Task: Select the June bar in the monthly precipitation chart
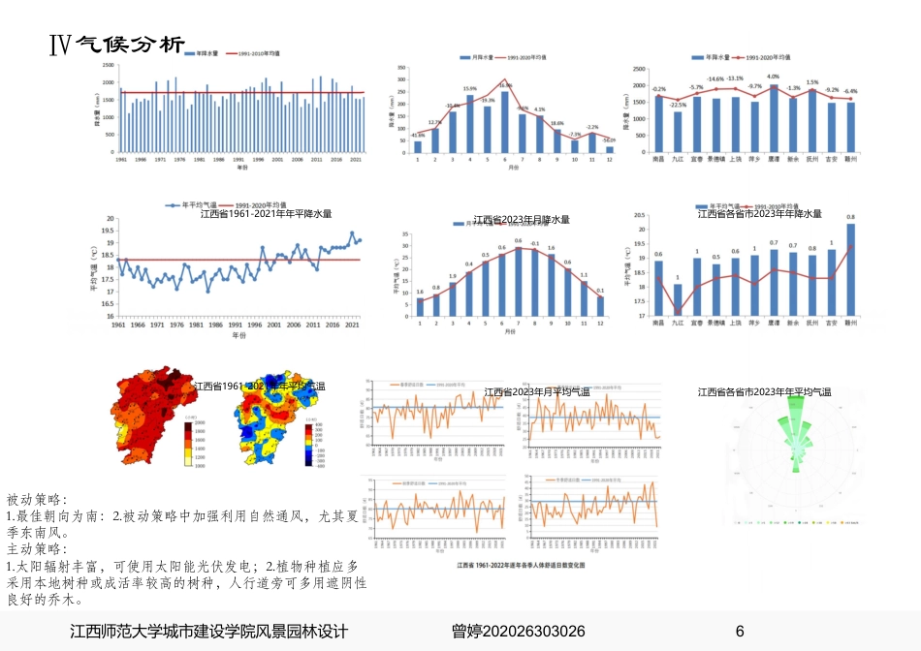click(x=504, y=121)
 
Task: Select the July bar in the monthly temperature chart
click(x=519, y=281)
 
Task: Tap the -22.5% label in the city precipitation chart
click(x=678, y=105)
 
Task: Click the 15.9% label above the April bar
click(x=470, y=89)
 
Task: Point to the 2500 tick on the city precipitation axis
click(x=639, y=69)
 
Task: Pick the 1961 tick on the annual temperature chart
click(x=118, y=325)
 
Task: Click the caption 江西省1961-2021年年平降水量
click(x=266, y=214)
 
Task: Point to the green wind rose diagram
click(x=798, y=441)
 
